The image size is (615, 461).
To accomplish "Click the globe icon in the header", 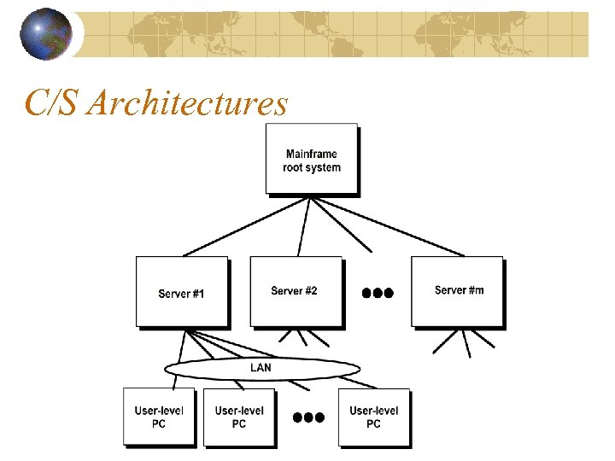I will pos(48,35).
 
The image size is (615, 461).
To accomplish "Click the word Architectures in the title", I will pos(188,103).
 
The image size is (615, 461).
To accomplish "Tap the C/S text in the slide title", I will pos(54,103).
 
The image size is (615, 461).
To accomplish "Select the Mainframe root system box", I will pos(312,160).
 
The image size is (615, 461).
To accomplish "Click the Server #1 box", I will pos(182,292).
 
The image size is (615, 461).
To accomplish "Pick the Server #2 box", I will pos(296,292).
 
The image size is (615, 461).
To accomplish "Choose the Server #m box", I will pos(457,292).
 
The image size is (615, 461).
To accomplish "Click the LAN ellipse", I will pos(261,368).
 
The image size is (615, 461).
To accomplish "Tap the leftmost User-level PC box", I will pos(159,417).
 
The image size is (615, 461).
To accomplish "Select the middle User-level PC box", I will pos(239,417).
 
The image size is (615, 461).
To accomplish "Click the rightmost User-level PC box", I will pos(373,417).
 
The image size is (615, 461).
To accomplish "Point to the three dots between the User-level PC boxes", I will pos(308,418).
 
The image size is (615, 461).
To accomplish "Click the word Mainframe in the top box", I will pos(312,155).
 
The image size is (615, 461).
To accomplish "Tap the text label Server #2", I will pos(294,291).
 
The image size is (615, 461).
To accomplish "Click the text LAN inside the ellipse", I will pos(261,368).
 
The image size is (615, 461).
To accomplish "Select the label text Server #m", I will pos(459,290).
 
